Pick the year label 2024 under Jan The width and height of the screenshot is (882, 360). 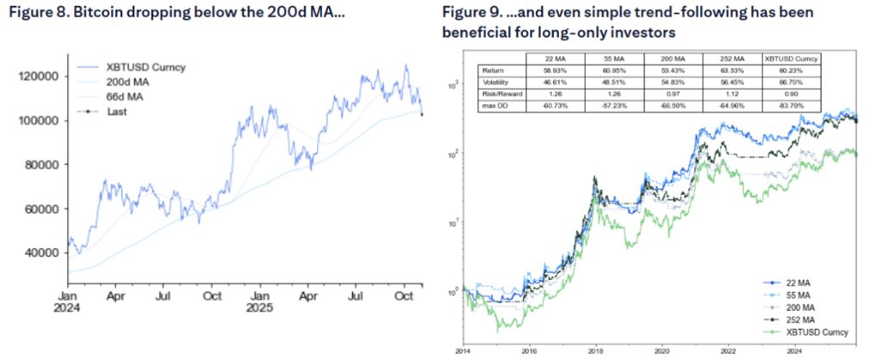click(68, 305)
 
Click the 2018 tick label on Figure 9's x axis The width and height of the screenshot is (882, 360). click(596, 352)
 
